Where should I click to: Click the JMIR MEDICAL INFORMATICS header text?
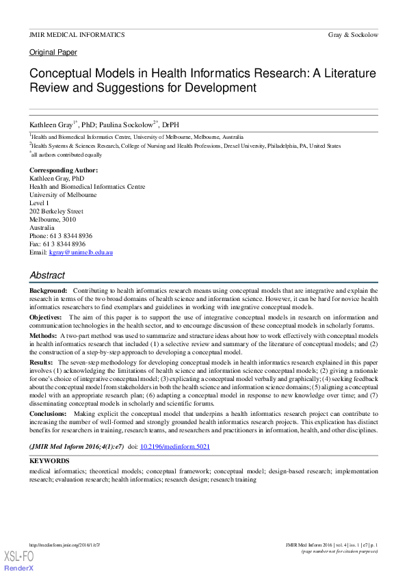point(77,34)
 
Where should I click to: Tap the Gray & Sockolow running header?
point(353,34)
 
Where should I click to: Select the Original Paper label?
point(53,53)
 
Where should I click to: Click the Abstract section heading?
point(47,276)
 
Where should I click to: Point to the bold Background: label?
point(48,291)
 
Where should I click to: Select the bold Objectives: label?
point(48,317)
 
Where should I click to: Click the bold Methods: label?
point(43,337)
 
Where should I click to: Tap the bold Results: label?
point(42,362)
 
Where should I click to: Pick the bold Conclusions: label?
point(50,415)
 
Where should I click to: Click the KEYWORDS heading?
point(50,462)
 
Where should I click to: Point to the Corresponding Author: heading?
point(64,170)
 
